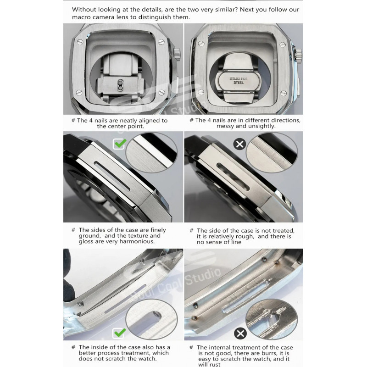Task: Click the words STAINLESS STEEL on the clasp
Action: point(239,81)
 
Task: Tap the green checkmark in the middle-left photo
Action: point(120,144)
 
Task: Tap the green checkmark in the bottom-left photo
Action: point(120,333)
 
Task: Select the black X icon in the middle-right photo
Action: point(239,144)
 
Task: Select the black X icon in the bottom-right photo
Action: point(240,334)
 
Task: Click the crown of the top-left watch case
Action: point(177,54)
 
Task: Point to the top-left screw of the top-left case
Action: point(80,42)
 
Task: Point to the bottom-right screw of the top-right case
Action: point(283,93)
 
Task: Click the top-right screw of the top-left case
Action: point(161,42)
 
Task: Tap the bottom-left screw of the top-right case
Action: point(201,92)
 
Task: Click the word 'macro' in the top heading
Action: point(81,17)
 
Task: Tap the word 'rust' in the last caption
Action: point(215,364)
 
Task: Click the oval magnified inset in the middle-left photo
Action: point(151,153)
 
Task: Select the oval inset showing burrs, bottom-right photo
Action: point(272,319)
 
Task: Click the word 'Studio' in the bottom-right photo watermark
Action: point(203,276)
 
